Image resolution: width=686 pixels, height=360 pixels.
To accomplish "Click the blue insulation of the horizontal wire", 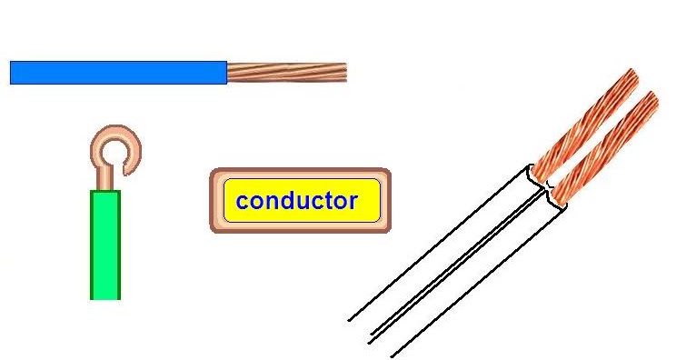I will click(118, 72).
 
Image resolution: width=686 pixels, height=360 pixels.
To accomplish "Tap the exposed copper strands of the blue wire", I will click(286, 72).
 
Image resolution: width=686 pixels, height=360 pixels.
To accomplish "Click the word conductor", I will click(296, 201).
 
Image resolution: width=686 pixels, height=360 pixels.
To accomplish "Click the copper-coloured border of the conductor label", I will click(301, 172).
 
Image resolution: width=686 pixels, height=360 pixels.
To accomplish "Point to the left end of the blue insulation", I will click(12, 72).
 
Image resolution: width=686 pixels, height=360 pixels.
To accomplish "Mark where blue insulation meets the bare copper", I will click(226, 72).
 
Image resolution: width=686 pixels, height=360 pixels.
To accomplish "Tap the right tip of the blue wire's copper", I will click(345, 72).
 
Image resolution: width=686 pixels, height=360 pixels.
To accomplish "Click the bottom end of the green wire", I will click(104, 297).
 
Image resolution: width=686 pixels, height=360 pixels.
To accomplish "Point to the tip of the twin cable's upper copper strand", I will click(631, 74).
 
